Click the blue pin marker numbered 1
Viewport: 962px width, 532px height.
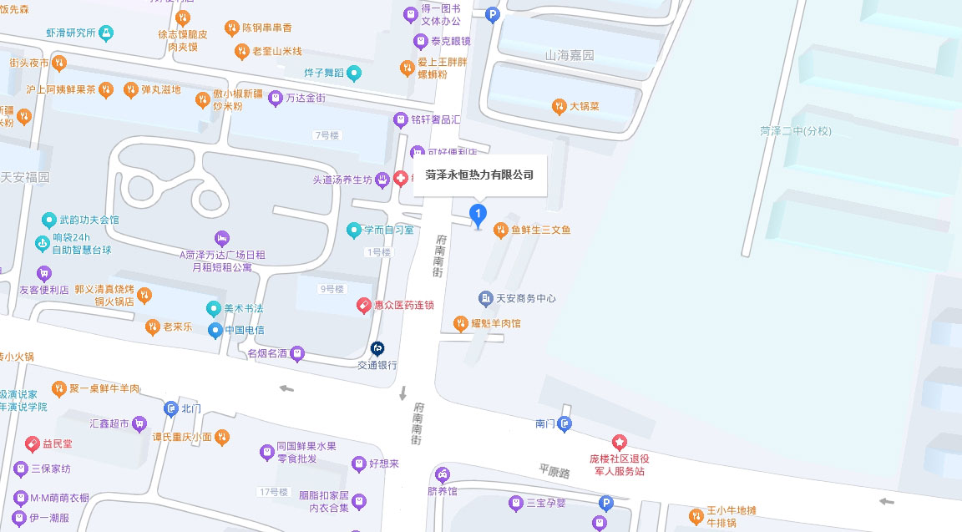tap(478, 215)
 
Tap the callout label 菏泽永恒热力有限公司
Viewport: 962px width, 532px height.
tap(479, 175)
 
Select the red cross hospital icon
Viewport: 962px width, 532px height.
tap(401, 179)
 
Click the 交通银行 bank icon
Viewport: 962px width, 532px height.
tap(377, 348)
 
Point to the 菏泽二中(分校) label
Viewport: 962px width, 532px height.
tap(796, 131)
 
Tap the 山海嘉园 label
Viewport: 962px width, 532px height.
tap(570, 55)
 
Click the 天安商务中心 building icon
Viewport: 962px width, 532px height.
tap(485, 298)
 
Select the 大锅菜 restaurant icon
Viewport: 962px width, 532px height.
tap(559, 106)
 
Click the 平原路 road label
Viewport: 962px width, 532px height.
tap(553, 472)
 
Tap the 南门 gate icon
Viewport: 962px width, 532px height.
tap(565, 424)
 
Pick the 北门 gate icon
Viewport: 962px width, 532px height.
tap(171, 408)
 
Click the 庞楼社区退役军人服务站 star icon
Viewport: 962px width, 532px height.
tap(619, 441)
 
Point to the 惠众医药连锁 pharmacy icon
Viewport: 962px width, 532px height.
tap(363, 306)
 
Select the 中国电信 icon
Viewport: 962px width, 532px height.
tap(215, 330)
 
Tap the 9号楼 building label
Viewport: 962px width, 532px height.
tap(331, 289)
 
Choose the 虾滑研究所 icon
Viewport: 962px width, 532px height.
tap(106, 33)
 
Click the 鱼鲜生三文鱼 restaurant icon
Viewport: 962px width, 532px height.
tap(501, 229)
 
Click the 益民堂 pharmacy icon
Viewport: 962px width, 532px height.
tap(33, 443)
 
